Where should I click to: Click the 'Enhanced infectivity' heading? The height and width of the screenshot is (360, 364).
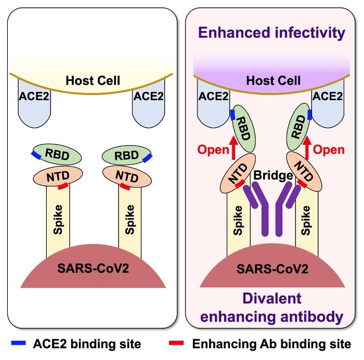point(272,34)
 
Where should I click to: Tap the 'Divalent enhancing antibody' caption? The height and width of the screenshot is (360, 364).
point(272,307)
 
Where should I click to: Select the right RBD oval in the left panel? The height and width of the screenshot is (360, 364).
point(127,155)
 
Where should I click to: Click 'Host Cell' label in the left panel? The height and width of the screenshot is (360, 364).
point(93,81)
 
